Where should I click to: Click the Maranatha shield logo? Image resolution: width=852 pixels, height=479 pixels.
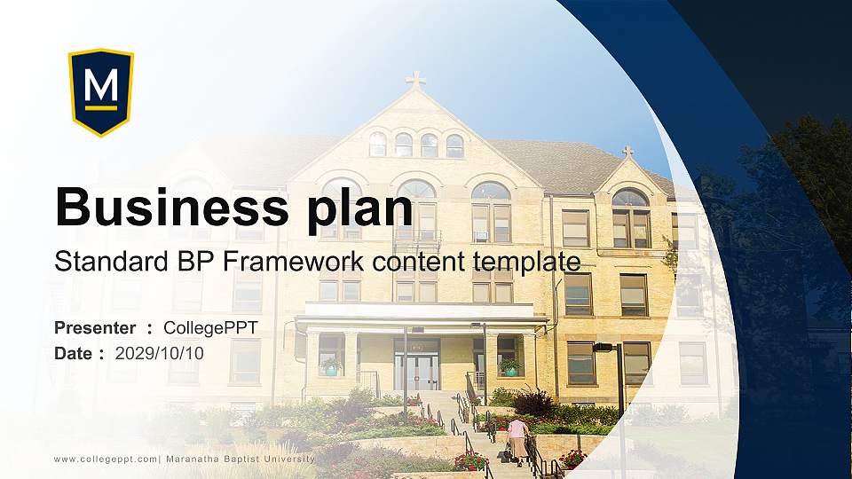(x=101, y=92)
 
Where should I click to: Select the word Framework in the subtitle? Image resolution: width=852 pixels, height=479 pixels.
(x=302, y=262)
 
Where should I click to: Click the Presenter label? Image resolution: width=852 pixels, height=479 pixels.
(x=95, y=328)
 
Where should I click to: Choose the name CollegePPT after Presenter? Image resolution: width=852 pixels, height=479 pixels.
(x=210, y=328)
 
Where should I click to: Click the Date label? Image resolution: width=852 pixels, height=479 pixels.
(x=75, y=353)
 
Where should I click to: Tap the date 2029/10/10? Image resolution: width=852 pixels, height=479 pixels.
(x=160, y=353)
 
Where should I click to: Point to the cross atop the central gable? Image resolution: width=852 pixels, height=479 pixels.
(x=415, y=80)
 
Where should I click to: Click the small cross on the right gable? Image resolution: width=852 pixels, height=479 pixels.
(x=627, y=153)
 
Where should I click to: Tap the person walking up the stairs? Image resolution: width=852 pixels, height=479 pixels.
(x=517, y=439)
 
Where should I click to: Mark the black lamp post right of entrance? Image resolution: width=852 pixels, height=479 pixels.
(x=619, y=399)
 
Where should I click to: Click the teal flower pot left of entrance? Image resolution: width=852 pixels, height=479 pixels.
(x=331, y=368)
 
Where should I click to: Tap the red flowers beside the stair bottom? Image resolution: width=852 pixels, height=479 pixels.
(x=469, y=461)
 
